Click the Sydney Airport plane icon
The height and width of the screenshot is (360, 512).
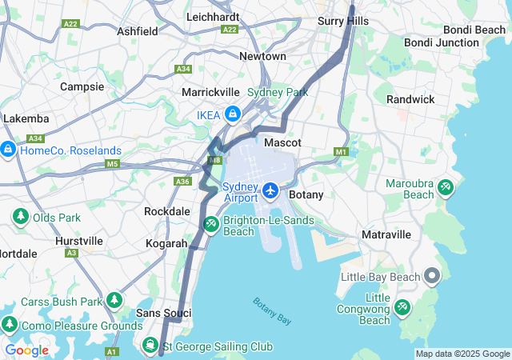[270, 191]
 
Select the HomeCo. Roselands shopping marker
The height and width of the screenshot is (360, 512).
[8, 150]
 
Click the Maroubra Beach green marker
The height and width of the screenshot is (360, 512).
[446, 188]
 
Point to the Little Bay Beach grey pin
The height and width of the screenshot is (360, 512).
[432, 278]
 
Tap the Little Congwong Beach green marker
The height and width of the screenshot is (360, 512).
[402, 307]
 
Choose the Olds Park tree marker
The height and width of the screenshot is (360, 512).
[20, 217]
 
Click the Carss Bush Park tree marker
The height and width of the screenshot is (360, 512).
[115, 301]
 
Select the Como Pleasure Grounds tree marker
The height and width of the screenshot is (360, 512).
[10, 325]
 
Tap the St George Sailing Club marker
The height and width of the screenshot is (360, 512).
[150, 346]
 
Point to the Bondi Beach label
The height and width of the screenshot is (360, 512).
[478, 30]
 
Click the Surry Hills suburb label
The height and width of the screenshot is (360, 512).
[343, 21]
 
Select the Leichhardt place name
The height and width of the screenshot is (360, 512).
[213, 16]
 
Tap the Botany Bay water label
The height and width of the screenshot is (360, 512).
[272, 311]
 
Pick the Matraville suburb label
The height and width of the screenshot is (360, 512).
[386, 234]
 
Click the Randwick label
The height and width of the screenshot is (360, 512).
[410, 99]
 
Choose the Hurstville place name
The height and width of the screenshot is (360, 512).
[79, 240]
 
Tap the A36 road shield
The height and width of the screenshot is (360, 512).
[183, 182]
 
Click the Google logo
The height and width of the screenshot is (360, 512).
[26, 350]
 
